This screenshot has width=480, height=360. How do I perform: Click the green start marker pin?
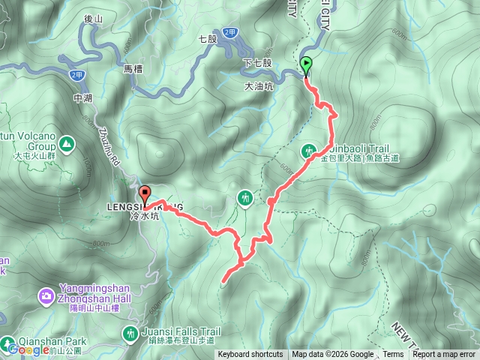(306, 65)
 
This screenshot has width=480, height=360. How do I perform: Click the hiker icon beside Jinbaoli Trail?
(310, 151)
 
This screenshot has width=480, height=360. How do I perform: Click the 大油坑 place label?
(259, 87)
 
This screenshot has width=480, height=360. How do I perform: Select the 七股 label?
(208, 37)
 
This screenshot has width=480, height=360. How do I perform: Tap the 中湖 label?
(82, 97)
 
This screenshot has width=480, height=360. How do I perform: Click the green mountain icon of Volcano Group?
(66, 142)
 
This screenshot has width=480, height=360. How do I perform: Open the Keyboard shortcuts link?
(250, 355)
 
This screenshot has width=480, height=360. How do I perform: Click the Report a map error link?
(444, 355)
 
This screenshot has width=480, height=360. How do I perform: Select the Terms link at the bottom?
(393, 355)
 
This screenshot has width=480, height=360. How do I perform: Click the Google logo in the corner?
(28, 349)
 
